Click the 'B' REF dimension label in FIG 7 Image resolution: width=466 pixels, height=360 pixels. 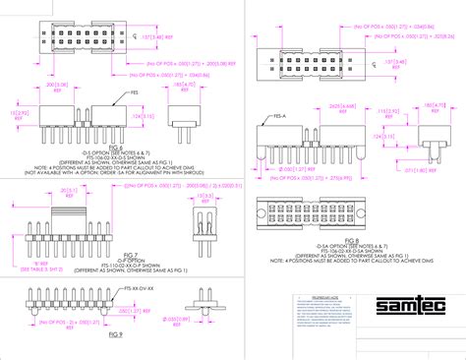pos(40,235)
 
